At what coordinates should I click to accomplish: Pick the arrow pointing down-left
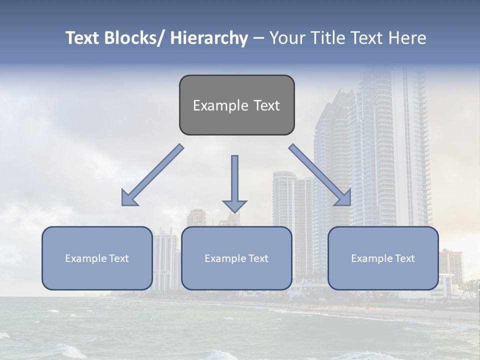[x=152, y=175]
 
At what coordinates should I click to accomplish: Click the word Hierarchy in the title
[x=208, y=38]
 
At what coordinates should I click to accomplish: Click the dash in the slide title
[x=258, y=38]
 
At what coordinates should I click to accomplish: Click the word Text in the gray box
[x=266, y=105]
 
